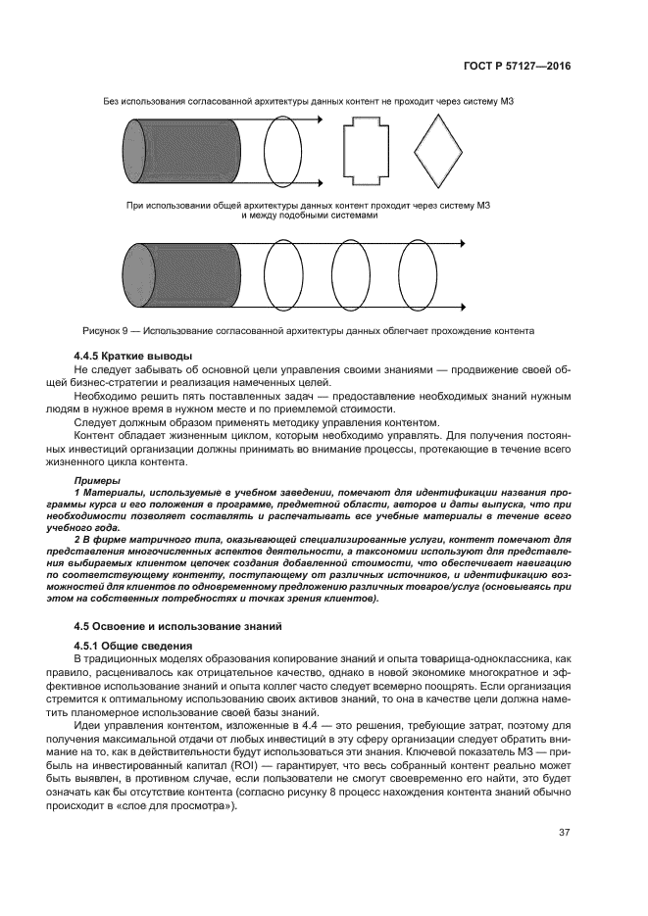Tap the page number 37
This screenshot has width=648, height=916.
coord(564,833)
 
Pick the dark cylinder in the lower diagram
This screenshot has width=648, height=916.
coord(178,275)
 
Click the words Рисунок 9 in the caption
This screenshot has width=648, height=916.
coord(106,331)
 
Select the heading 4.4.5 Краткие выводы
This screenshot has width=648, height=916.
coord(132,355)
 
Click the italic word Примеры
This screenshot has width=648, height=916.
coord(97,480)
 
